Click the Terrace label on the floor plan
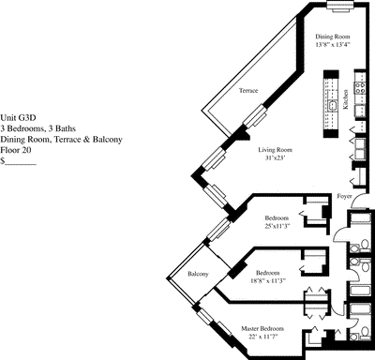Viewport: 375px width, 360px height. (248, 91)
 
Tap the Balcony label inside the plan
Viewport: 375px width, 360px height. (198, 274)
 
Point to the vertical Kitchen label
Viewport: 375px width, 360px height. (346, 99)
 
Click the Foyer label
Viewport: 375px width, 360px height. (344, 196)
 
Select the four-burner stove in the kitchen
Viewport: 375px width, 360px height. (360, 87)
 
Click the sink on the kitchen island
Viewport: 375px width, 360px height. (333, 105)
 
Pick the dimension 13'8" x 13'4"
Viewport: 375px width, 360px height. (333, 44)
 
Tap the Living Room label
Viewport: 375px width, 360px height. (275, 150)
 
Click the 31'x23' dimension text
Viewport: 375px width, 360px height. (275, 157)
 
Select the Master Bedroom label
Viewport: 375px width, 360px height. (262, 329)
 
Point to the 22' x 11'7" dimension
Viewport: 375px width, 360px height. (262, 337)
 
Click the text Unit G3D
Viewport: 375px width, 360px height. (18, 118)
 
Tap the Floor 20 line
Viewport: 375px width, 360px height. (16, 150)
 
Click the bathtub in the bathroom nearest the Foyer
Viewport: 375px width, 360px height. (359, 217)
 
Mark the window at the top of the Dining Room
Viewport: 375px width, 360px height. (340, 5)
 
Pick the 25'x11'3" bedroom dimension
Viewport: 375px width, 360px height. (277, 226)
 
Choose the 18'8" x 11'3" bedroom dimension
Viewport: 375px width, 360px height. (268, 280)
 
